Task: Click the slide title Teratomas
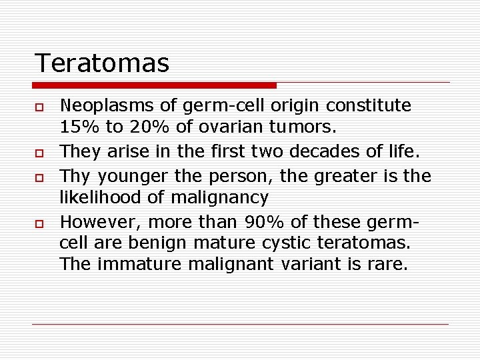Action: click(x=102, y=63)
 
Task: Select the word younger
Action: click(x=131, y=176)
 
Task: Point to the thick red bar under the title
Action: click(x=154, y=85)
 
